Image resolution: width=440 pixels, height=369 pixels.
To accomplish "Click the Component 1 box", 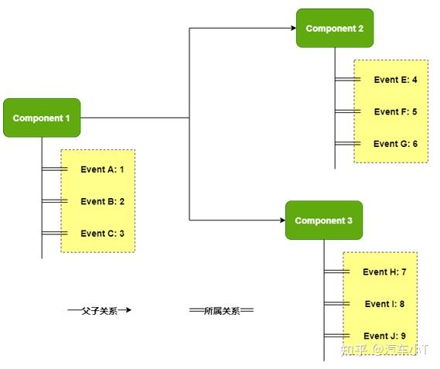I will pyautogui.click(x=42, y=118).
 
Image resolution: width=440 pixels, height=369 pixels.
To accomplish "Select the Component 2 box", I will pyautogui.click(x=334, y=29).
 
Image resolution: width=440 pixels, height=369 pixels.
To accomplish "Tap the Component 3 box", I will pyautogui.click(x=323, y=220).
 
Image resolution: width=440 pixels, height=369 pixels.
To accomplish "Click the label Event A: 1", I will pyautogui.click(x=102, y=169).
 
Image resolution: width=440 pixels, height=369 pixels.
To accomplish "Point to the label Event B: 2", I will pyautogui.click(x=102, y=201).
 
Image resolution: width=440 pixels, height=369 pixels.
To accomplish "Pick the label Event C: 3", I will pyautogui.click(x=102, y=233).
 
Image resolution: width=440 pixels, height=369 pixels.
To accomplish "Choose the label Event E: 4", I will pyautogui.click(x=395, y=80).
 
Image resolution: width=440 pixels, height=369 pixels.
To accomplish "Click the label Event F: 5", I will pyautogui.click(x=395, y=111).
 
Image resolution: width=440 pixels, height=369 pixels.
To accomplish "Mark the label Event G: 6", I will pyautogui.click(x=395, y=143).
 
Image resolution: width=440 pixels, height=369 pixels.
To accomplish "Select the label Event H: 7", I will pyautogui.click(x=384, y=272).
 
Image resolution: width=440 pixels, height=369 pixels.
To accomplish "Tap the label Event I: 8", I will pyautogui.click(x=384, y=304).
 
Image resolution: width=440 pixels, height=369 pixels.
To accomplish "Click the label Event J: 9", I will pyautogui.click(x=384, y=336).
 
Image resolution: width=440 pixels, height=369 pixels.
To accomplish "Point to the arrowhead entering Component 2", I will pyautogui.click(x=292, y=29).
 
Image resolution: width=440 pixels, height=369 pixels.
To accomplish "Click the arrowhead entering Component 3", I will pyautogui.click(x=281, y=220).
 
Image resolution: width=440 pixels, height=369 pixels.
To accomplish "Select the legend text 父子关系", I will pyautogui.click(x=99, y=310).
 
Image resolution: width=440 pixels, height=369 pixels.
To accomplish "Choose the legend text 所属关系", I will pyautogui.click(x=222, y=310).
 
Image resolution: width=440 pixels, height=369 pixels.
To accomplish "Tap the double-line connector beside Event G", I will pyautogui.click(x=348, y=143).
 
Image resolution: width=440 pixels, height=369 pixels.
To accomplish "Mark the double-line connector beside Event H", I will pyautogui.click(x=337, y=272).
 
